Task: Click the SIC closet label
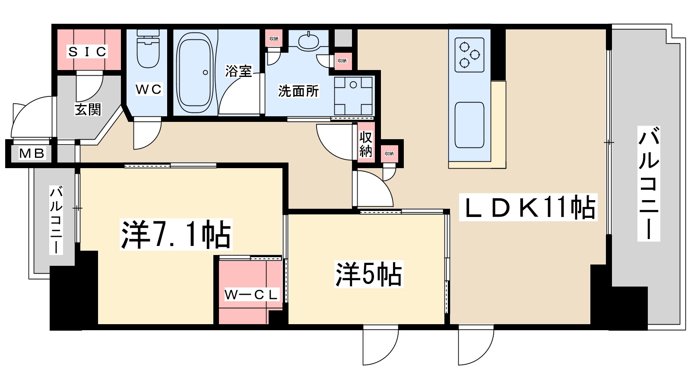click(x=88, y=52)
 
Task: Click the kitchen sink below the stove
click(x=469, y=125)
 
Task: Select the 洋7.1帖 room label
click(x=176, y=235)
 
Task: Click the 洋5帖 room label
click(x=368, y=274)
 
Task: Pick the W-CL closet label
click(x=251, y=295)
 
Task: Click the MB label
click(x=32, y=153)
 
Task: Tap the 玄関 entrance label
click(x=88, y=109)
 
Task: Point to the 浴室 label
click(x=238, y=71)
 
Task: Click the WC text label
click(x=149, y=89)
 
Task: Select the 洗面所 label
click(x=298, y=91)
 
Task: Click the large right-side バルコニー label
click(x=649, y=183)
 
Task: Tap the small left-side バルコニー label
click(x=56, y=220)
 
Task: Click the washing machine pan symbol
click(x=354, y=96)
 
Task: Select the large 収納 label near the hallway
click(x=366, y=144)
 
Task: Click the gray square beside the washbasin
click(x=343, y=38)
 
